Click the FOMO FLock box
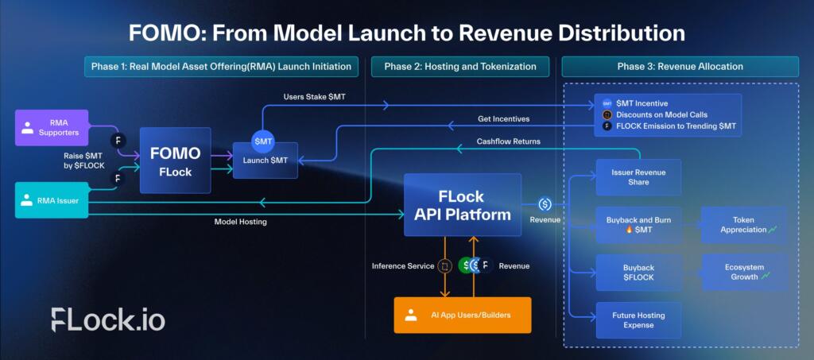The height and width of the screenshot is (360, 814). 176,160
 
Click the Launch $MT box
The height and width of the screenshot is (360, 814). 266,161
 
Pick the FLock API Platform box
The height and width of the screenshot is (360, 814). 462,205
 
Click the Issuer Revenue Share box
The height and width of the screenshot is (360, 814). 638,177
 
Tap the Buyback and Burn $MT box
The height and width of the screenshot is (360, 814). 638,225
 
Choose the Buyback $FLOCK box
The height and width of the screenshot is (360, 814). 638,273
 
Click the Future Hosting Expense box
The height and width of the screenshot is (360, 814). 638,320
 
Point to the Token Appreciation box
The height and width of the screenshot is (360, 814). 743,225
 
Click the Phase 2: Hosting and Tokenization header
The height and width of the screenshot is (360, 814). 460,66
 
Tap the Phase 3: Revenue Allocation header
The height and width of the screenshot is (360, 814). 680,66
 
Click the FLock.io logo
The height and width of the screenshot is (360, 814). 108,319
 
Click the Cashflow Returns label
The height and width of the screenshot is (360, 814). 508,141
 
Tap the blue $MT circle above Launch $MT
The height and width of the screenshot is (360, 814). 264,141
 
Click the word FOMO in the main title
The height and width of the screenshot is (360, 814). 166,33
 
